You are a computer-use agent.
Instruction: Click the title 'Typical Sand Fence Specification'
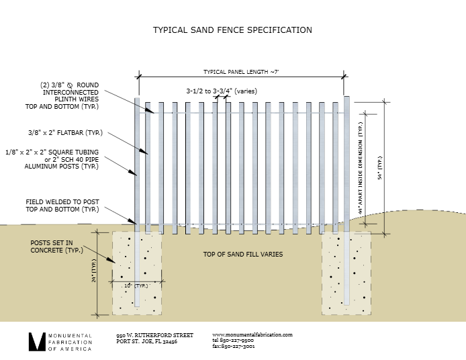click(x=232, y=30)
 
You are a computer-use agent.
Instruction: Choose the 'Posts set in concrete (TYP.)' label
click(x=57, y=246)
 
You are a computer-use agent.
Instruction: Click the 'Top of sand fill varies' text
click(x=243, y=255)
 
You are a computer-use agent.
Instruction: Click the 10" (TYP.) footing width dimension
click(x=136, y=285)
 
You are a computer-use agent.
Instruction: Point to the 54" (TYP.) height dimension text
click(x=379, y=168)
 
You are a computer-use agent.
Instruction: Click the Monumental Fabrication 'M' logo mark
click(x=36, y=341)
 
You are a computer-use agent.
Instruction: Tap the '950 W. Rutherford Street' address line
click(x=154, y=335)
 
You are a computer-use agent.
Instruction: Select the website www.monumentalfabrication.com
click(x=252, y=334)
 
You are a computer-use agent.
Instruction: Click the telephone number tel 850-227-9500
click(x=233, y=341)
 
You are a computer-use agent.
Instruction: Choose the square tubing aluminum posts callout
click(x=61, y=159)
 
